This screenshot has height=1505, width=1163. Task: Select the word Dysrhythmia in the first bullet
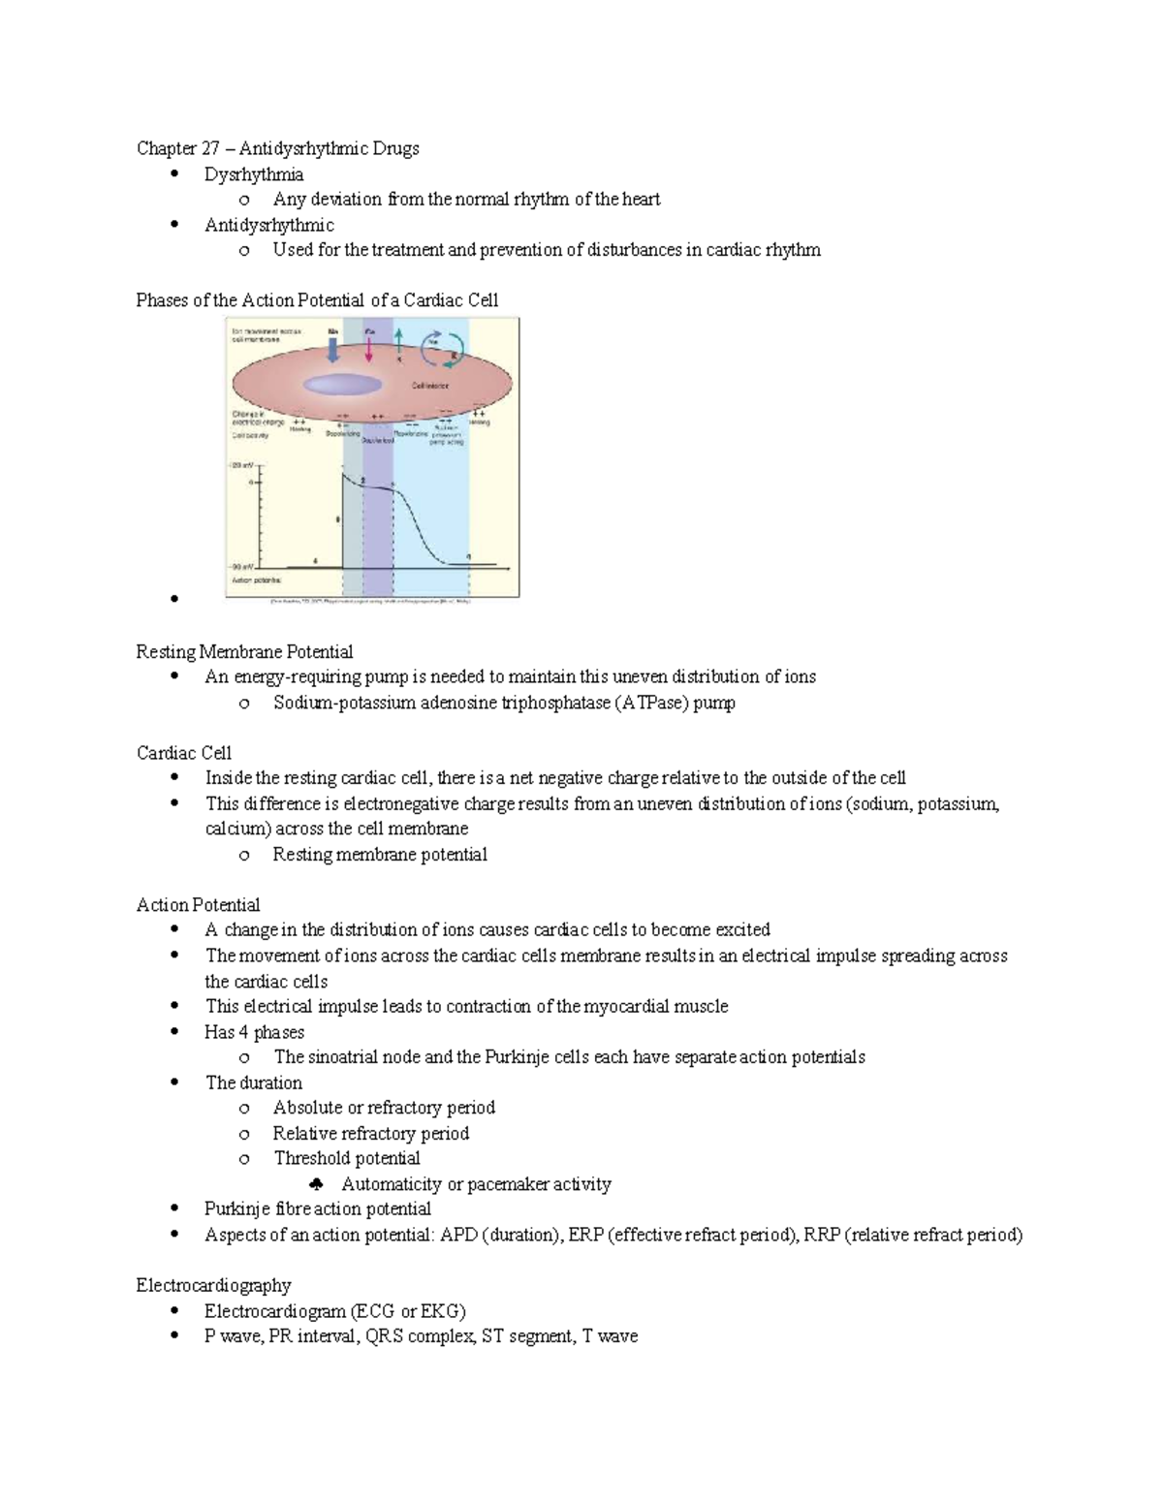[x=253, y=174]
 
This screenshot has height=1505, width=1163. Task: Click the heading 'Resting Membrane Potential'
[x=244, y=651]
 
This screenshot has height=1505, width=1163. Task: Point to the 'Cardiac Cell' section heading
[x=184, y=753]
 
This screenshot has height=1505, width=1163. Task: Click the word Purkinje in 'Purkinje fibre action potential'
[x=236, y=1208]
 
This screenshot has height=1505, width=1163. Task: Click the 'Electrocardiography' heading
[x=213, y=1285]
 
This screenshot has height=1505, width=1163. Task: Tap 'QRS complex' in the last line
[x=421, y=1336]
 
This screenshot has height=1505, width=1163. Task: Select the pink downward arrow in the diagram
[x=369, y=351]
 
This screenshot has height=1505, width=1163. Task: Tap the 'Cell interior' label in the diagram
[x=429, y=386]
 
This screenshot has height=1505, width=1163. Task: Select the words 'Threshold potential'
[x=346, y=1158]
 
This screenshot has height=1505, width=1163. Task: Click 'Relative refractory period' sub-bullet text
[x=370, y=1133]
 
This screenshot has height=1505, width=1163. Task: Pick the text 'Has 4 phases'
[x=254, y=1032]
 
